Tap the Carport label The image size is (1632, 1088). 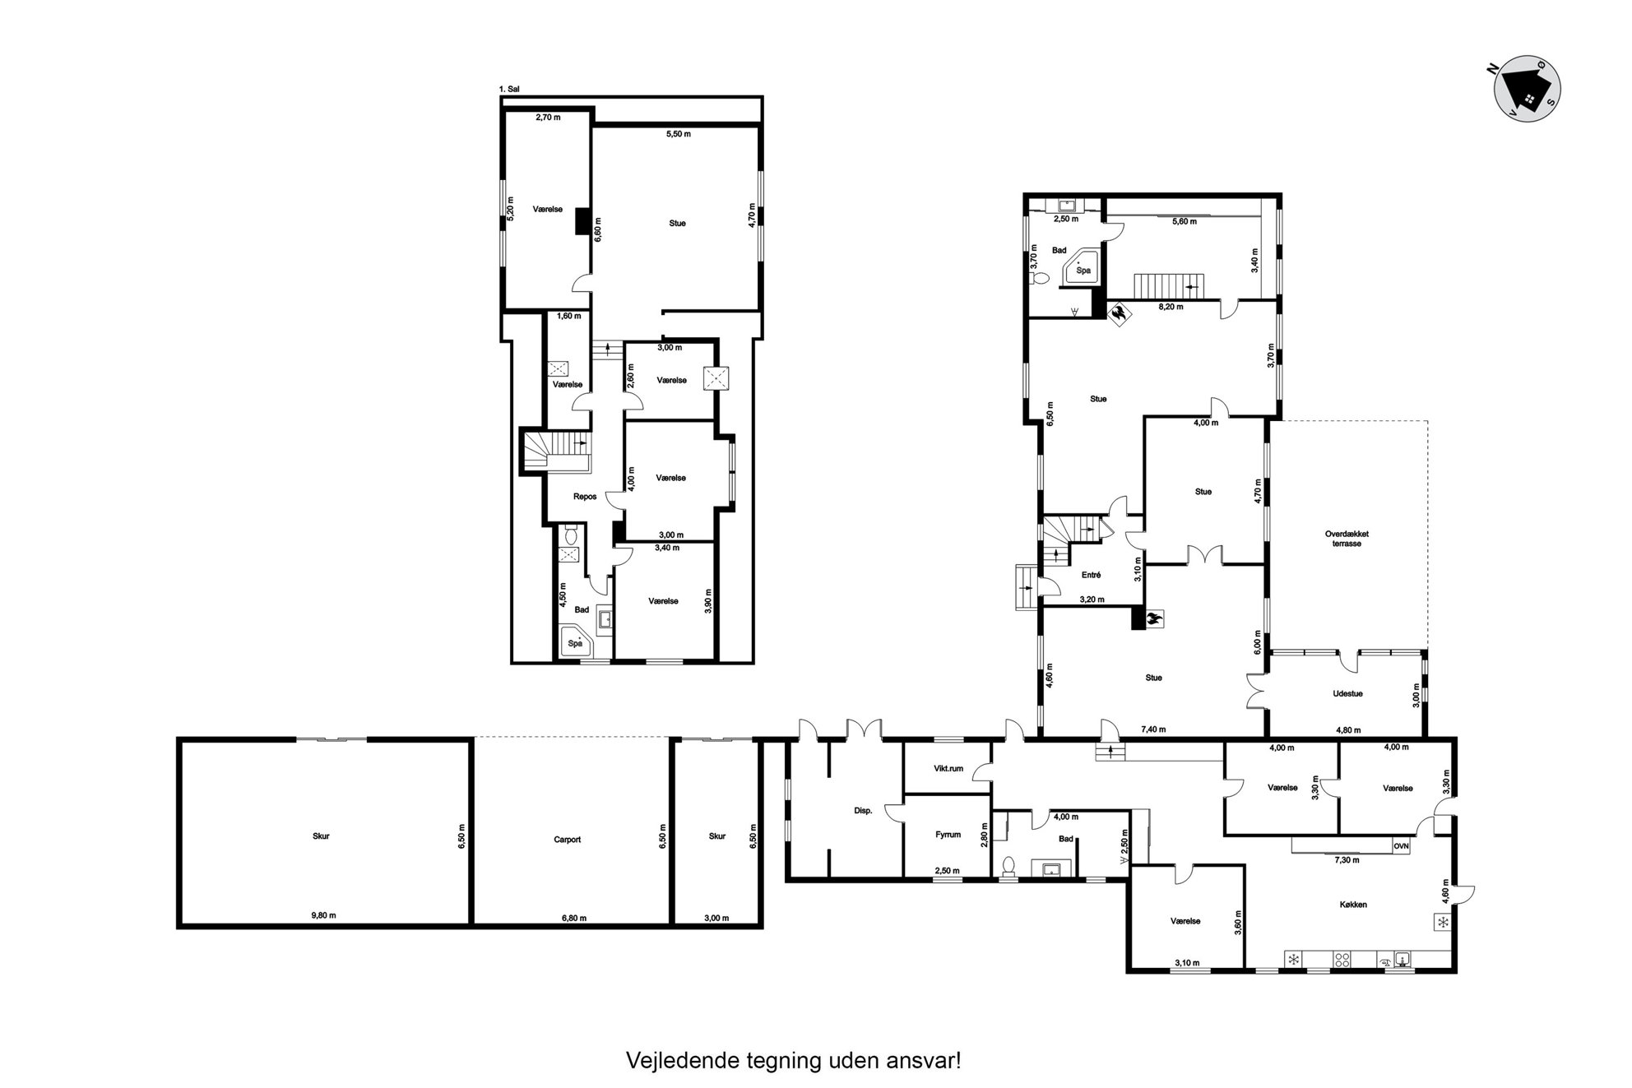point(568,840)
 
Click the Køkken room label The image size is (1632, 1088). point(1353,905)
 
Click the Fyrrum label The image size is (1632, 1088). point(948,835)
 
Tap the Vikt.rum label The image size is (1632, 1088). point(948,769)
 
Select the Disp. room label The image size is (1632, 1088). point(863,810)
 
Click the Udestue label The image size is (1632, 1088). point(1347,693)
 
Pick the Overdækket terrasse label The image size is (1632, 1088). point(1347,539)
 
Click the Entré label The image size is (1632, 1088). point(1091,575)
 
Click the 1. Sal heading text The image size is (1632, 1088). point(509,89)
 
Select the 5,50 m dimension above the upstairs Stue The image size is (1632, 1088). point(678,133)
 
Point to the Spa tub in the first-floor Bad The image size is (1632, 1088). point(576,642)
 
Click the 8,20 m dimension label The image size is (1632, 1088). point(1171,307)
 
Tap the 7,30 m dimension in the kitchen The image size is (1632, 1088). point(1347,860)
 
